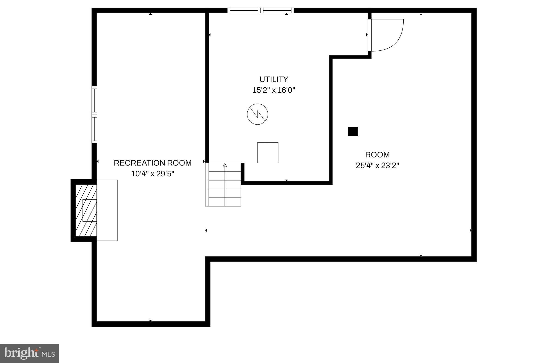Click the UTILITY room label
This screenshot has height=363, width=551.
pos(274,79)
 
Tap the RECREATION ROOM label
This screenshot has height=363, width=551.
pos(153,163)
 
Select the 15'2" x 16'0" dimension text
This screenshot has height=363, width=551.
pos(274,90)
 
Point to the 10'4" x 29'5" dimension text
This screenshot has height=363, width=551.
pos(153,174)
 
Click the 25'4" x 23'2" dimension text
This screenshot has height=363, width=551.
pos(377,165)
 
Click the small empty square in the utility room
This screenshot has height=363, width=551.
pos(268,153)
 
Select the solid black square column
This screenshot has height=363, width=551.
pos(353,131)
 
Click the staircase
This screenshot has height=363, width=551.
pos(223,184)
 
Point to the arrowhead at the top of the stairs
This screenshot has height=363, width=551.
pos(225,165)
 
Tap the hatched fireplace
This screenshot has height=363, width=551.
pos(86,210)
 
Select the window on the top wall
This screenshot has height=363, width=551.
pos(261,11)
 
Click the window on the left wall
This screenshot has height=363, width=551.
pos(94,115)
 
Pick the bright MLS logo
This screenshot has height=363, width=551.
pos(29,353)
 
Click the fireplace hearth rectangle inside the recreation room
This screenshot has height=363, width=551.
pos(107,210)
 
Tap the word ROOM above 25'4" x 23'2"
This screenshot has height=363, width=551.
pos(377,155)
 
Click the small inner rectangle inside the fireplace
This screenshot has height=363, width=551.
pos(90,210)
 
